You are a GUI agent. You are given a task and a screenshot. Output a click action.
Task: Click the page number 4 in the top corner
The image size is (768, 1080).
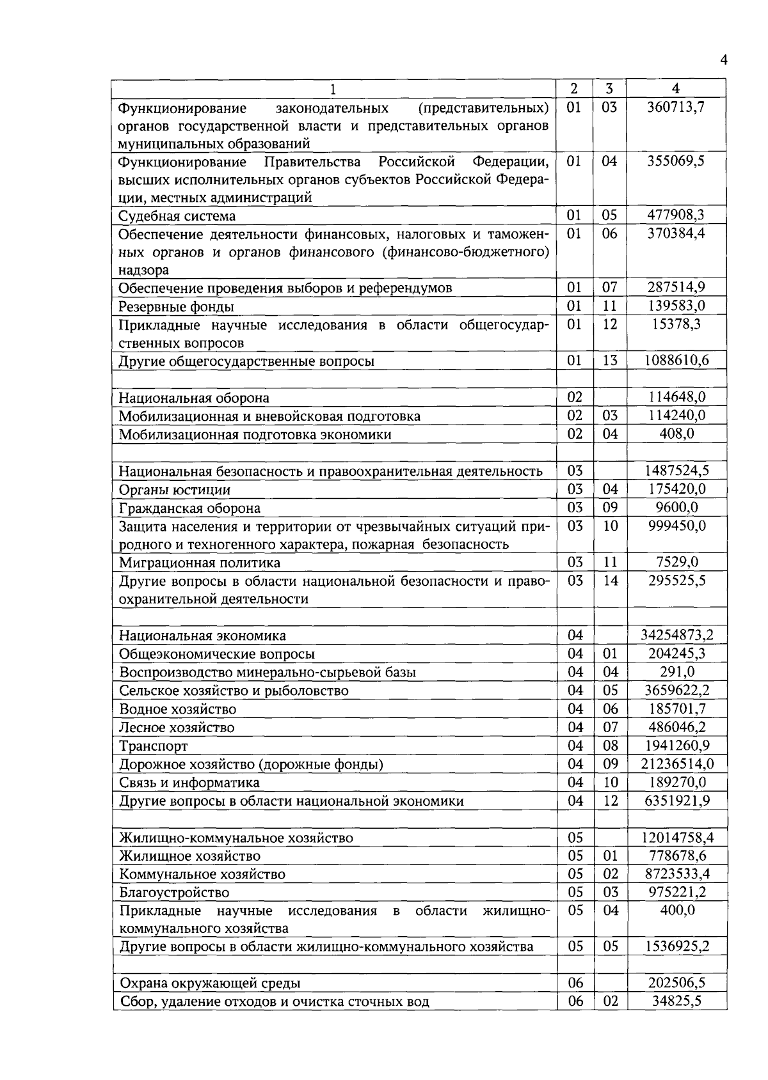[x=724, y=60]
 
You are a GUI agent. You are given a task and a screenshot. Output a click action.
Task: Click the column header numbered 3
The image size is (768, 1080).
[x=609, y=88]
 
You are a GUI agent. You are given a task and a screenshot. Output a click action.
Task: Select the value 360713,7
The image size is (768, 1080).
[x=676, y=107]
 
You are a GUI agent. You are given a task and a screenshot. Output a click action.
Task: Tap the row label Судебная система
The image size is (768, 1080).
[x=177, y=216]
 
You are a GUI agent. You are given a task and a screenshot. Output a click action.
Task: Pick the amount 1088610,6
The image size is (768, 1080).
[x=676, y=361]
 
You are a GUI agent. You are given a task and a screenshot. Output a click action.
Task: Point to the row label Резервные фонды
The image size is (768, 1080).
[x=176, y=307]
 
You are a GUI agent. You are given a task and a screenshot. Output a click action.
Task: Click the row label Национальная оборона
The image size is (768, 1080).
[x=194, y=398]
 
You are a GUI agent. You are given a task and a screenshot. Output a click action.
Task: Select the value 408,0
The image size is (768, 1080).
[x=676, y=434]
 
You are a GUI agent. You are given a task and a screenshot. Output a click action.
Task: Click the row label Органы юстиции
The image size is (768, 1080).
[x=175, y=490]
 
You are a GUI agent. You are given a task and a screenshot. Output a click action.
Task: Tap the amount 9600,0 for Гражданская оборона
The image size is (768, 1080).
[x=676, y=508]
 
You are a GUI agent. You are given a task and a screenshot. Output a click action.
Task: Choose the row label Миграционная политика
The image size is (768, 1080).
[x=200, y=563]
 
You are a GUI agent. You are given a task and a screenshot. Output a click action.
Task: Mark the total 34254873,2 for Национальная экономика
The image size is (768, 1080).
[x=676, y=636]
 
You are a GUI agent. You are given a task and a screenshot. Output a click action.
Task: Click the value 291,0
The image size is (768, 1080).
[x=676, y=672]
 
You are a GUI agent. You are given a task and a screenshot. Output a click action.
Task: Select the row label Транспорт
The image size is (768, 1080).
[x=154, y=746]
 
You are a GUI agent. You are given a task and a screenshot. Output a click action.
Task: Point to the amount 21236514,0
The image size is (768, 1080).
[x=676, y=764]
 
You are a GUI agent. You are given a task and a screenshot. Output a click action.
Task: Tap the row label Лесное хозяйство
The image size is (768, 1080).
[x=177, y=728]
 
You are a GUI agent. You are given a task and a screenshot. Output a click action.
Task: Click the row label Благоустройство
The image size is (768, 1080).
[x=174, y=893]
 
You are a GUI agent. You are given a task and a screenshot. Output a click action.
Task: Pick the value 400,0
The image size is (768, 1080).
[x=676, y=911]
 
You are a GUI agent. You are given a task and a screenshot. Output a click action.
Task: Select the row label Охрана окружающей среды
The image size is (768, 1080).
[x=210, y=983]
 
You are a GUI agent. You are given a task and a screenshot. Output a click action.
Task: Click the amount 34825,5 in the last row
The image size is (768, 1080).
[x=676, y=1001]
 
